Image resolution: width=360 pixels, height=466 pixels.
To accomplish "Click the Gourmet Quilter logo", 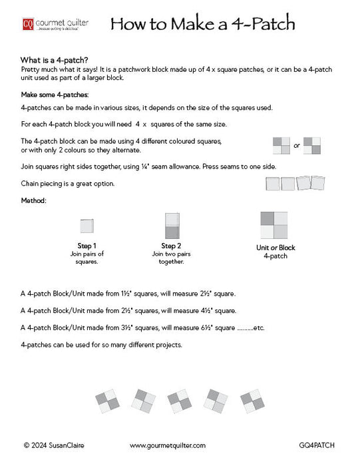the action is [55, 25].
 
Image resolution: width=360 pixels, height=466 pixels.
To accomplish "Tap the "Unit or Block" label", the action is [275, 248].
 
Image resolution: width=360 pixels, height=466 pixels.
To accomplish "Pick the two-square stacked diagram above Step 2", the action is [171, 226].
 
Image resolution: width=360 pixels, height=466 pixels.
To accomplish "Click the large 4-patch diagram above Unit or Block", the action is [275, 226].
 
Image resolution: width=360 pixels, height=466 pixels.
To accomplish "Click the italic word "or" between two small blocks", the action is [297, 145].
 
